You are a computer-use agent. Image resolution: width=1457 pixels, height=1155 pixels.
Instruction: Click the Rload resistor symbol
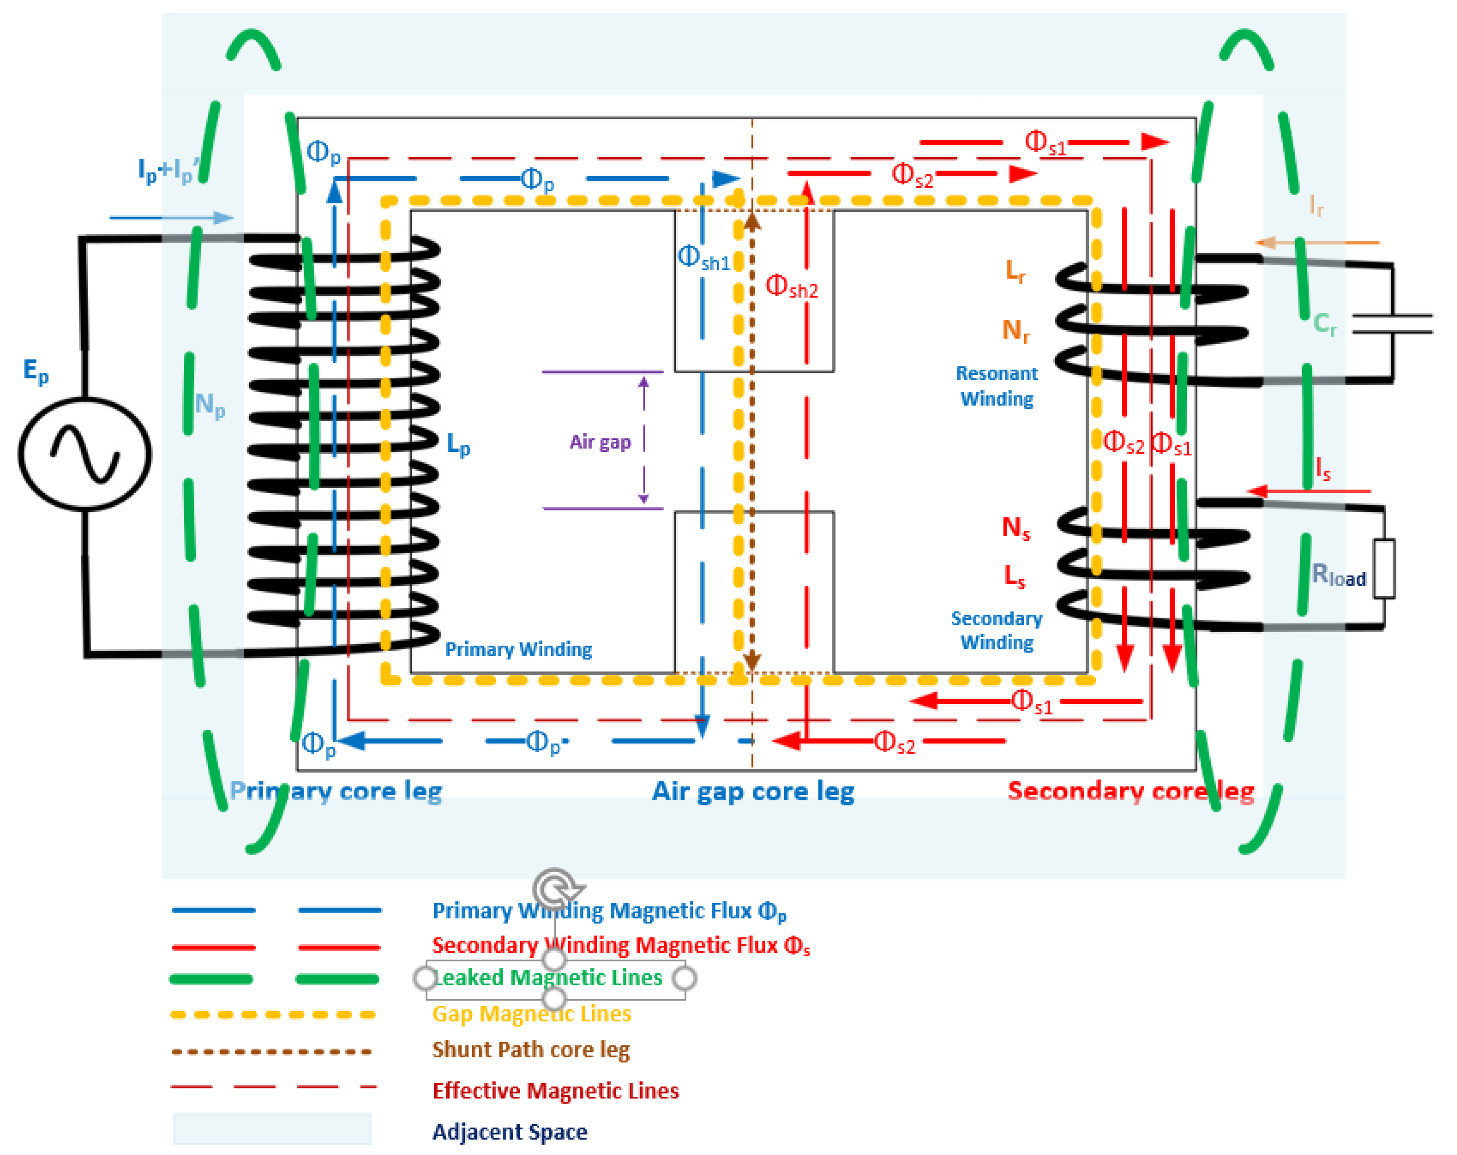(1384, 568)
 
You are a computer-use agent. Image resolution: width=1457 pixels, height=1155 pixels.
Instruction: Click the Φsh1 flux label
(704, 258)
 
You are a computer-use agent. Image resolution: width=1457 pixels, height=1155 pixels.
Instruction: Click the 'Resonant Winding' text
(997, 386)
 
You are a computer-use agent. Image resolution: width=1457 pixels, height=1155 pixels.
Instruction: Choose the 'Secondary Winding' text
(997, 630)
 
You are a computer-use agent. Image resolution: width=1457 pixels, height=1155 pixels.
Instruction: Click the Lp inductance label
(458, 444)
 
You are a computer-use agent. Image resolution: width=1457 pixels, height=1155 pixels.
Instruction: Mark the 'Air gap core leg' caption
(753, 791)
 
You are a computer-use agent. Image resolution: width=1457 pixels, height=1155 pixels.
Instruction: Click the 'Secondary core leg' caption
(1130, 791)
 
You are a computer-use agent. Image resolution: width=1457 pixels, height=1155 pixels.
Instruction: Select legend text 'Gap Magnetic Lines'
(531, 1014)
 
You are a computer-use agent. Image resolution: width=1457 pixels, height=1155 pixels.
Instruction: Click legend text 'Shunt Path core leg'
(531, 1049)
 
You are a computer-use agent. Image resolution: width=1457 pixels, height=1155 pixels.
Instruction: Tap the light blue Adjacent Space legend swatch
(272, 1129)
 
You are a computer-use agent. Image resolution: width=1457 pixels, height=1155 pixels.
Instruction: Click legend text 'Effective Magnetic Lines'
(555, 1091)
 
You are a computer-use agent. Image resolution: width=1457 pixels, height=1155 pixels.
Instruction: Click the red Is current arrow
(1307, 491)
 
